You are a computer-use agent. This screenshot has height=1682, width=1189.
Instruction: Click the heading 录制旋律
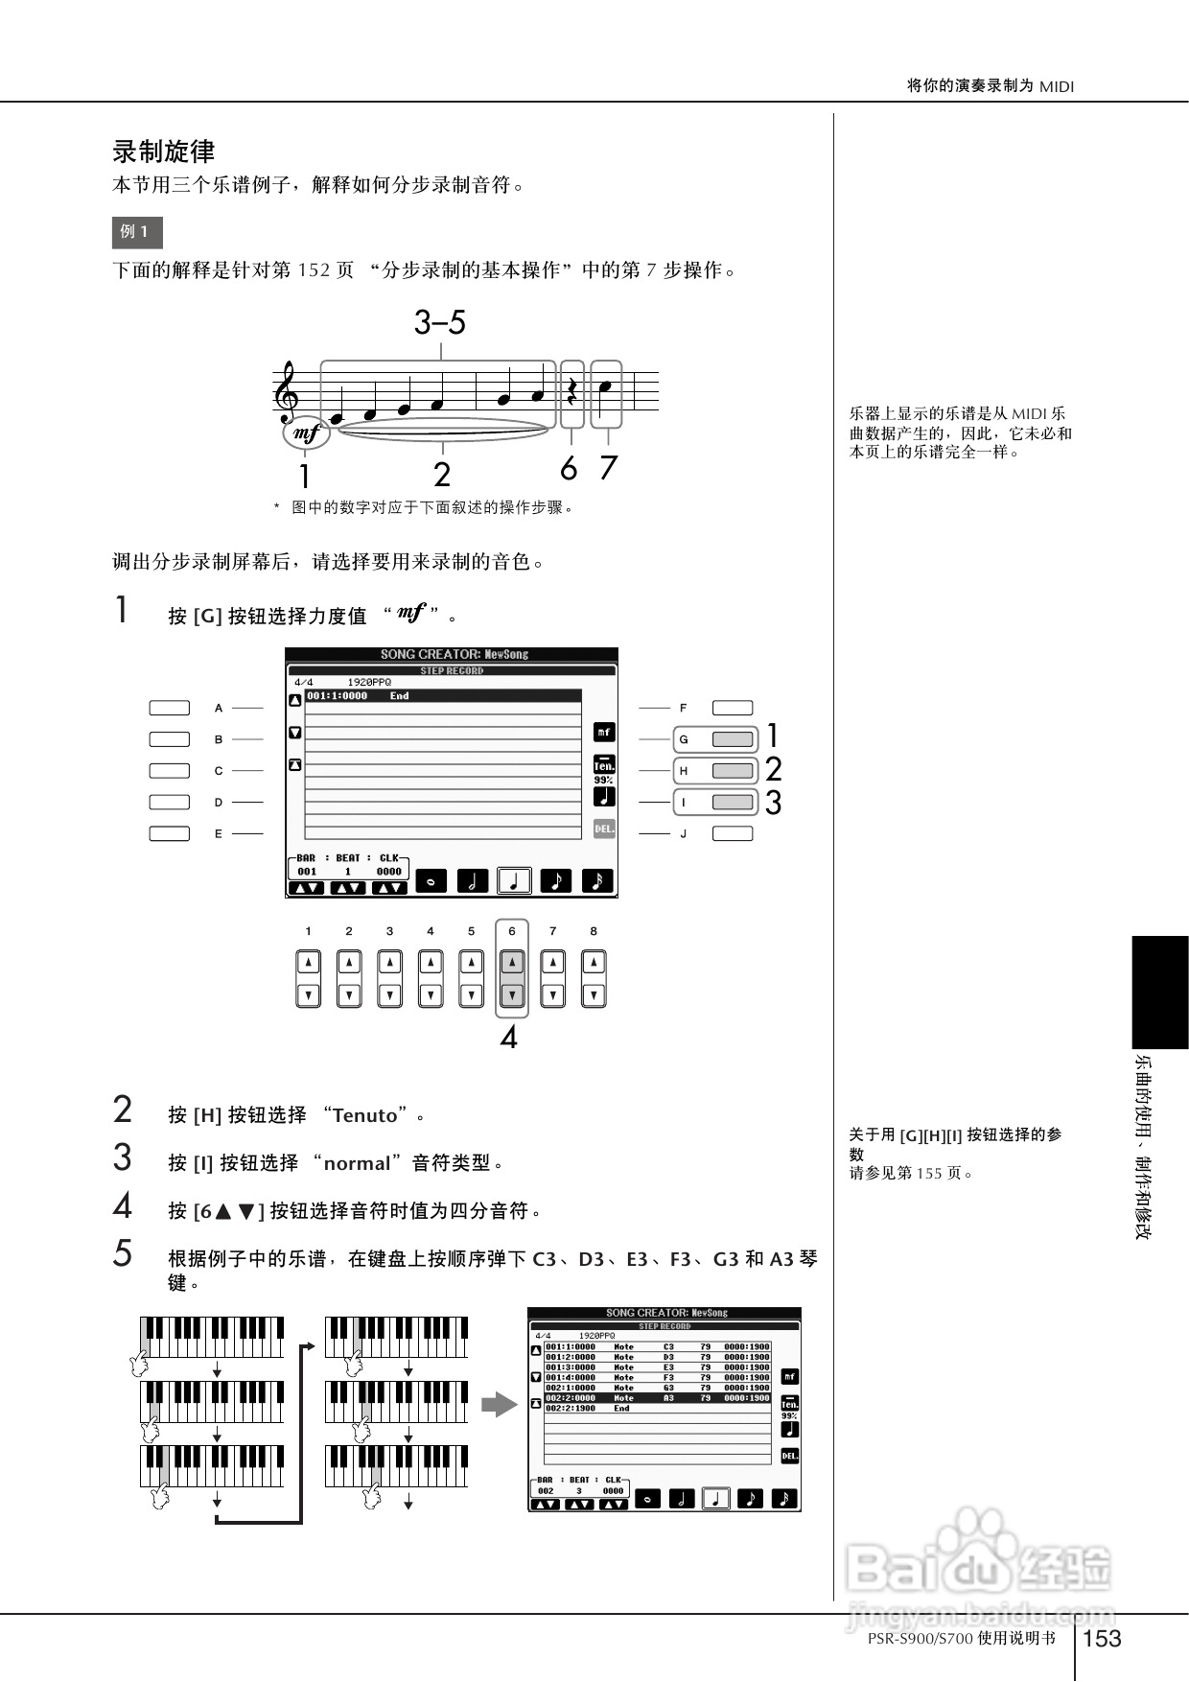point(164,152)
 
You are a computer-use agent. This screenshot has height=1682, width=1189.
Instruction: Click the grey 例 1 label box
point(137,232)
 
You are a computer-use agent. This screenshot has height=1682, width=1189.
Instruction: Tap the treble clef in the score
point(286,393)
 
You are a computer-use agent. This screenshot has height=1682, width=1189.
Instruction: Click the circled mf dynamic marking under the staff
point(306,433)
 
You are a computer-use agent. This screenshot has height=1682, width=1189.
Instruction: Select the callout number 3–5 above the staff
point(440,323)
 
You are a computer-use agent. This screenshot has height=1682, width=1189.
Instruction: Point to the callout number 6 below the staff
point(569,469)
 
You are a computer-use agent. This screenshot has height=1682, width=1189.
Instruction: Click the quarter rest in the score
point(572,389)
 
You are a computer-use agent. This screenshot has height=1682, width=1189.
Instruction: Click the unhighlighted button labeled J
point(733,833)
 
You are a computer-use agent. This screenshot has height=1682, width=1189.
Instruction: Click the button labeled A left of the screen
point(170,708)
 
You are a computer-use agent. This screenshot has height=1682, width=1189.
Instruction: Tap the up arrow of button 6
point(512,962)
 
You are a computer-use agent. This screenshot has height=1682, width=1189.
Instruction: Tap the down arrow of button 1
point(308,995)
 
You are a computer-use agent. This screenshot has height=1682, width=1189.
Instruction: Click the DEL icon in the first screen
point(604,829)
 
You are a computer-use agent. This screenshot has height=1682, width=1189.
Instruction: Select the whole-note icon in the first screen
point(431,881)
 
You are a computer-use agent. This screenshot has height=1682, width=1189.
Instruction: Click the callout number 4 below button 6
point(509,1038)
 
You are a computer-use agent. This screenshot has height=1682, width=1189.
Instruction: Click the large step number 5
point(123,1254)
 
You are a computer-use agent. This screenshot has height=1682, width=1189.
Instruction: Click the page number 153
point(1102,1638)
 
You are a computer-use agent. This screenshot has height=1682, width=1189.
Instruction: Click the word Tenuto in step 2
point(365,1115)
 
